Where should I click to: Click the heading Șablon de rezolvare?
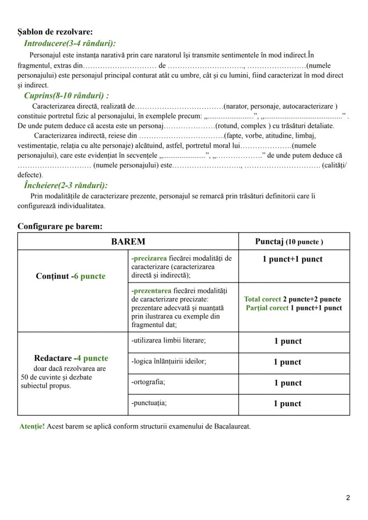point(55,32)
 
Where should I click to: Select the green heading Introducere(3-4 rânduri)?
point(69,44)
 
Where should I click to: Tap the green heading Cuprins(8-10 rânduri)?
point(67,95)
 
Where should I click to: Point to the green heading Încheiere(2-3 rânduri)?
point(66,185)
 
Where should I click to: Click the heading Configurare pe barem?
point(60,226)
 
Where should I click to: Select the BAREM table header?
point(128,242)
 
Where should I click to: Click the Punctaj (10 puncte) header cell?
point(289,242)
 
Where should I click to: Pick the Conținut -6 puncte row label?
point(71,276)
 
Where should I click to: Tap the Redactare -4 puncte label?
point(71,358)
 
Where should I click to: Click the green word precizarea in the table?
point(149,258)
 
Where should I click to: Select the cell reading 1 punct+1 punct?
point(292,259)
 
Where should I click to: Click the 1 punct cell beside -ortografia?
point(288,383)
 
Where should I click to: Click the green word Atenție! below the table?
point(32,426)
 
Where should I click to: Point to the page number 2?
point(348,497)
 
